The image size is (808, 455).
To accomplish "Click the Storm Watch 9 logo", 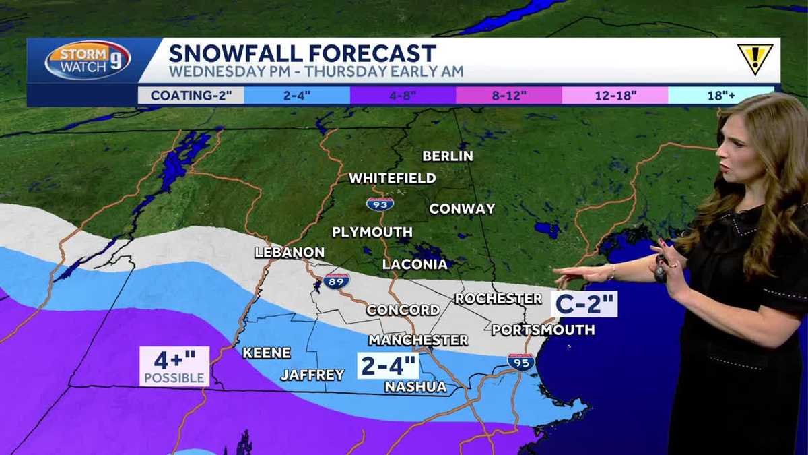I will point(88,61).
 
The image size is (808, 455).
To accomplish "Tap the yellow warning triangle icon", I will point(755,59).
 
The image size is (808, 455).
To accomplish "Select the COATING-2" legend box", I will point(191,95).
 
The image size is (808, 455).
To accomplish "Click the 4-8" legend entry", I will point(403,95).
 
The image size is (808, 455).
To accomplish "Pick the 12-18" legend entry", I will point(615,95).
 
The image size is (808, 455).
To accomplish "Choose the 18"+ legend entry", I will point(721,95).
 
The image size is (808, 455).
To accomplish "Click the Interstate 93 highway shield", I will point(380,203).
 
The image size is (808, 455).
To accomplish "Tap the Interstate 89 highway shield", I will point(336,281).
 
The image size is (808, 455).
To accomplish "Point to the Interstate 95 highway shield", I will point(521,362).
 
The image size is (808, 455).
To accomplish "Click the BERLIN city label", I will point(447,156).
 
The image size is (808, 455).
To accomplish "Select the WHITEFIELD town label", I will point(392,178).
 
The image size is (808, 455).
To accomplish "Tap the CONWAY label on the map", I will point(462,208).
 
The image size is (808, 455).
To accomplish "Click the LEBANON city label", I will point(290,252).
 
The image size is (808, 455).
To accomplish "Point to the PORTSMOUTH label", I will point(543,330).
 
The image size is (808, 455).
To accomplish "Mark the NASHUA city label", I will point(415,386).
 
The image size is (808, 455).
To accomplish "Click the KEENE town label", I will point(267,353).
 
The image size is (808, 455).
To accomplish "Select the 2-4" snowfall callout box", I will point(388,365).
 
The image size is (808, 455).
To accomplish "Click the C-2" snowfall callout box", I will point(584,303).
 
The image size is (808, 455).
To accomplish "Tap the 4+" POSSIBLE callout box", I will point(174,366).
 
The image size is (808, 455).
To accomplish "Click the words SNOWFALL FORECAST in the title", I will point(302,53).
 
